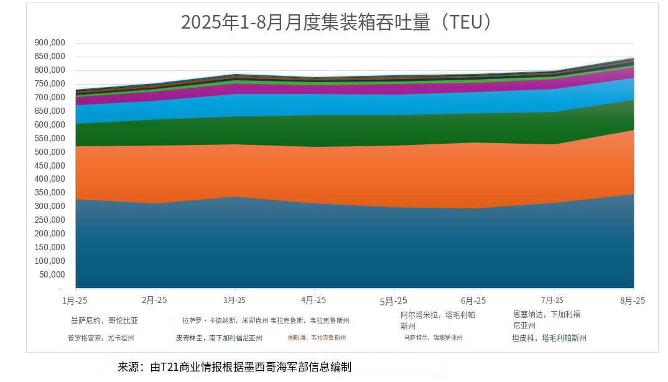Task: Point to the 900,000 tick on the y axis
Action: [x=49, y=43]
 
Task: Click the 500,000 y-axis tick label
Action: [x=49, y=152]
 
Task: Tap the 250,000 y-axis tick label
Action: [x=49, y=220]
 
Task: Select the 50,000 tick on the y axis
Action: [x=52, y=274]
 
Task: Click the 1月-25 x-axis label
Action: [x=76, y=300]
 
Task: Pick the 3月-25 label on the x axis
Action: [x=234, y=300]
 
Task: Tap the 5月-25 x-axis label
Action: [x=393, y=300]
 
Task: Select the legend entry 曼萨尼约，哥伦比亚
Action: [x=104, y=321]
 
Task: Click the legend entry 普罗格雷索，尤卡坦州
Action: [x=101, y=338]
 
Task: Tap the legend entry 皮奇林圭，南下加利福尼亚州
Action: [x=219, y=338]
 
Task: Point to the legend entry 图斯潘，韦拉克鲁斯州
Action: [x=317, y=338]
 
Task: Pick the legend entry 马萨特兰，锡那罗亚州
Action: [x=433, y=338]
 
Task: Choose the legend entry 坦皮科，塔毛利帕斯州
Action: [x=549, y=338]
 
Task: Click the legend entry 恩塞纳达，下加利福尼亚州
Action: [x=547, y=320]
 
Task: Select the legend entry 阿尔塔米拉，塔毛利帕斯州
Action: [x=437, y=320]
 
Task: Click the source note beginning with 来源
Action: [x=234, y=367]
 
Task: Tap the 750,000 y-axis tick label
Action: [x=49, y=84]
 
